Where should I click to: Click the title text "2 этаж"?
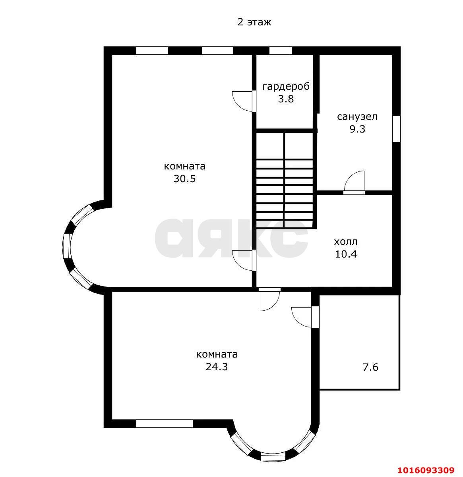click(x=254, y=22)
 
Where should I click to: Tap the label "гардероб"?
click(x=286, y=87)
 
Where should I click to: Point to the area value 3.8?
click(x=286, y=99)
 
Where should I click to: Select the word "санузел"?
click(x=357, y=117)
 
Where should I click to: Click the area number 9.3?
click(x=357, y=129)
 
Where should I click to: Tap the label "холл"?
click(x=346, y=242)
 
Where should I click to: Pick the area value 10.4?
click(x=346, y=254)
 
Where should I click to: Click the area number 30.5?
click(x=185, y=179)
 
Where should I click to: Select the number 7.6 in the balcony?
click(x=371, y=367)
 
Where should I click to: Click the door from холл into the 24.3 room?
click(x=270, y=300)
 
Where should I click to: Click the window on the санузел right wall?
click(x=396, y=129)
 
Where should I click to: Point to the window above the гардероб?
click(x=280, y=50)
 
